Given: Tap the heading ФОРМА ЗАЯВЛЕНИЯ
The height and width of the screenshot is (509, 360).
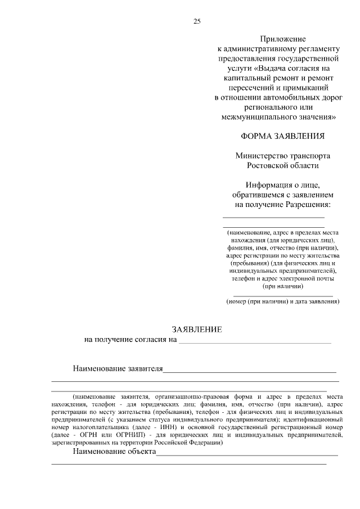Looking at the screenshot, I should tap(282, 136).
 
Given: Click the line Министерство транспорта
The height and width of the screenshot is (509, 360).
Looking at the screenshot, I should tap(282, 156).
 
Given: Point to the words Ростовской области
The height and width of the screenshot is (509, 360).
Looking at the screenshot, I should tap(282, 165).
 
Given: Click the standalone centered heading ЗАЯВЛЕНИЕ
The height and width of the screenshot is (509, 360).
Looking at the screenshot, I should tap(196, 329).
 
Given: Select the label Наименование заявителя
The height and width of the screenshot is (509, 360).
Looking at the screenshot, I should tap(118, 369).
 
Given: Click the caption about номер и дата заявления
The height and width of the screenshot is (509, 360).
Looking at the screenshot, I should tap(282, 301).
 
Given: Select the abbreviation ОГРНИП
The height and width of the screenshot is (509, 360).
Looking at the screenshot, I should tap(128, 435).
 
